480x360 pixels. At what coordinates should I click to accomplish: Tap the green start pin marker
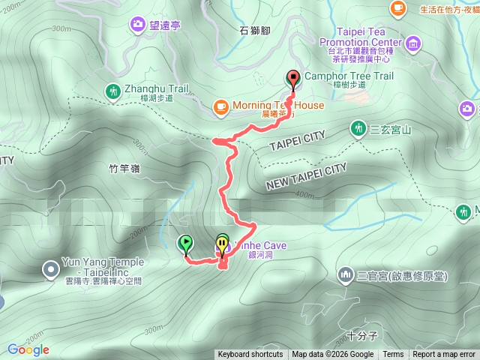coord(184,243)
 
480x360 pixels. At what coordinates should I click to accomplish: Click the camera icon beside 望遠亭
coord(137,25)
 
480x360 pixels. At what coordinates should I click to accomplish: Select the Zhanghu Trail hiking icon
coord(113,91)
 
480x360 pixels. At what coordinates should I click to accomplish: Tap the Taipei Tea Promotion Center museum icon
coord(412,47)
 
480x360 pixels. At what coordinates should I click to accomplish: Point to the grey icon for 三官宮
coord(345,275)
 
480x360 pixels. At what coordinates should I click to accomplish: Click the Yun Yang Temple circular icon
coord(50,268)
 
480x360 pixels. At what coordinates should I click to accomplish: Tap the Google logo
coord(28,349)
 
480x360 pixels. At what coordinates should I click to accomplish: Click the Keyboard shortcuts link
coord(250,355)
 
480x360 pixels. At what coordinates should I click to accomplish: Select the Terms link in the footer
coord(393,355)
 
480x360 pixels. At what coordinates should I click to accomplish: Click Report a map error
coord(444,355)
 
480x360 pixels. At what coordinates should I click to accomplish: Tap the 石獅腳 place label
coord(253,31)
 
